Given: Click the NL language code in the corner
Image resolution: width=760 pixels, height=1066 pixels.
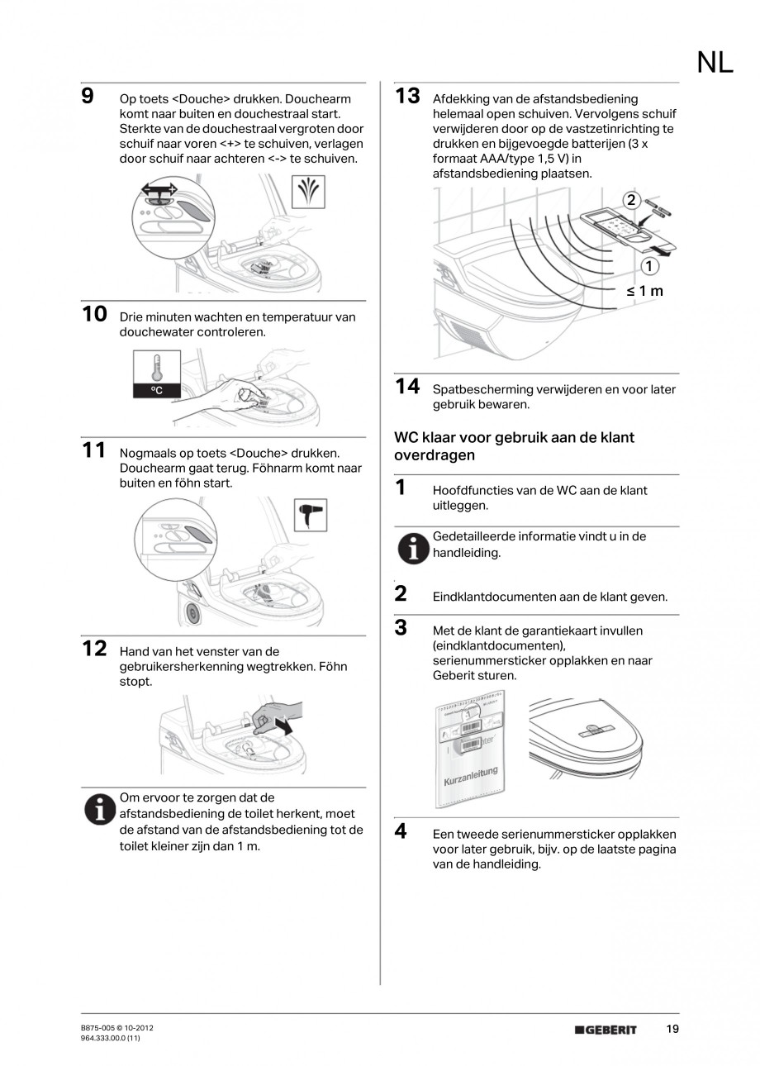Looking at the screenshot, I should (715, 63).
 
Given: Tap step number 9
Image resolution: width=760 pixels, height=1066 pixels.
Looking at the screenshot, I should (87, 96).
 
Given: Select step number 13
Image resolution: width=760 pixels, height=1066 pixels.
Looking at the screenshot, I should (407, 96).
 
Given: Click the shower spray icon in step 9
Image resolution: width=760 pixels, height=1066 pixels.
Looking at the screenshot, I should (309, 193).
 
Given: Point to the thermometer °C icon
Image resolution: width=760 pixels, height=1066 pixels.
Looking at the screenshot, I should (156, 374).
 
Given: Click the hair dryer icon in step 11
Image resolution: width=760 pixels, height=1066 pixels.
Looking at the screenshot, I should (311, 516).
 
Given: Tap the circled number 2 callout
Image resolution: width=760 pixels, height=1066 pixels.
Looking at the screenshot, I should (631, 200).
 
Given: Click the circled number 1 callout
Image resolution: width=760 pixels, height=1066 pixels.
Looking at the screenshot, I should (650, 265).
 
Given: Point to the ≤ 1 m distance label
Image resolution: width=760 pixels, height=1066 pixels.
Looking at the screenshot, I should (644, 291).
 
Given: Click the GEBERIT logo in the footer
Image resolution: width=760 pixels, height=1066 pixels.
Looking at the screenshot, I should (606, 1030).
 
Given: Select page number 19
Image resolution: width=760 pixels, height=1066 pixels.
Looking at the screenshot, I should (672, 1029).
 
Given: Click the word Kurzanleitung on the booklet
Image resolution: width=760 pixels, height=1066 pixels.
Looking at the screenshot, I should (471, 776).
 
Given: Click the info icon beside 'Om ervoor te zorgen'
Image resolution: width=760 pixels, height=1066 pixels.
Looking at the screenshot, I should (99, 810).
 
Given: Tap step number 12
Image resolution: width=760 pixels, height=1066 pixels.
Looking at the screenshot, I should (94, 649).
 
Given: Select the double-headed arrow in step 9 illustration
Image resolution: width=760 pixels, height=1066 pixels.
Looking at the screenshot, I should (159, 190).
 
